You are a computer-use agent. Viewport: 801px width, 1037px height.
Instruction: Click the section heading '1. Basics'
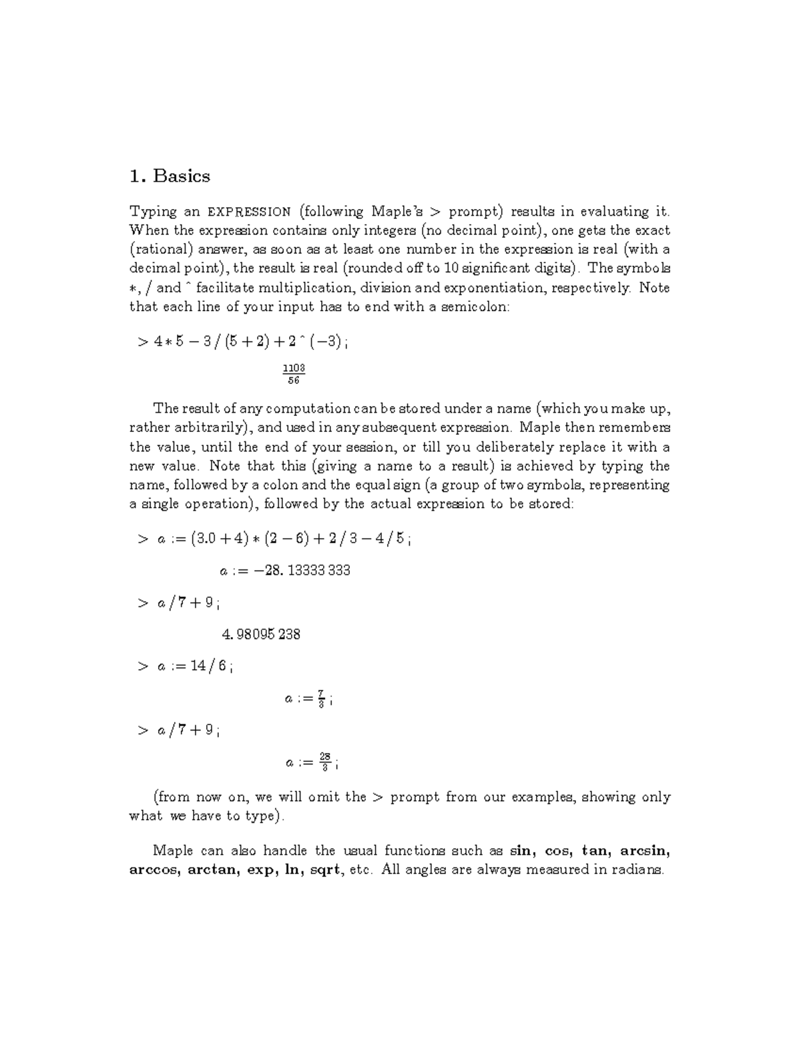[170, 176]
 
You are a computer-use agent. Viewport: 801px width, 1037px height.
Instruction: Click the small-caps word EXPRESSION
[249, 212]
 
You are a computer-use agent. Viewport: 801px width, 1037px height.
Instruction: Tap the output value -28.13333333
[285, 571]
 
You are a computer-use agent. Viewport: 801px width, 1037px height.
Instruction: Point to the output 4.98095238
[260, 634]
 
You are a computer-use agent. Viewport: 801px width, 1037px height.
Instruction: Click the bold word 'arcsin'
[644, 851]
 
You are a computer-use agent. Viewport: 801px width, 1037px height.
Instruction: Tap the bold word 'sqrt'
[325, 870]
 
